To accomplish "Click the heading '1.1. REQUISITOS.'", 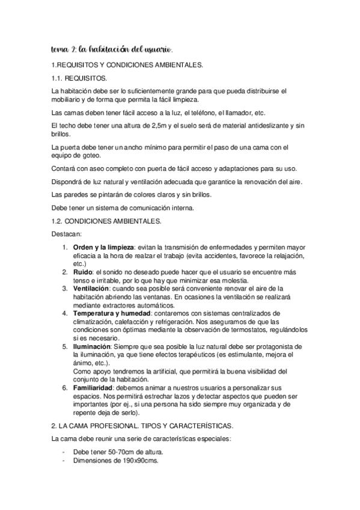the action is [x=81, y=78].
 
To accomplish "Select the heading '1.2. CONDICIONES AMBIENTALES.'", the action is [x=107, y=221].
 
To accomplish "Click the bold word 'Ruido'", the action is [x=83, y=271].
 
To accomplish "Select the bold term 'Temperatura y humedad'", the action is [x=111, y=313].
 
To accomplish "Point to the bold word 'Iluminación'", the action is [x=92, y=347].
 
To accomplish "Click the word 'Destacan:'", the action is [x=67, y=234].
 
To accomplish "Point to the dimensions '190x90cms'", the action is [x=135, y=460].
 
